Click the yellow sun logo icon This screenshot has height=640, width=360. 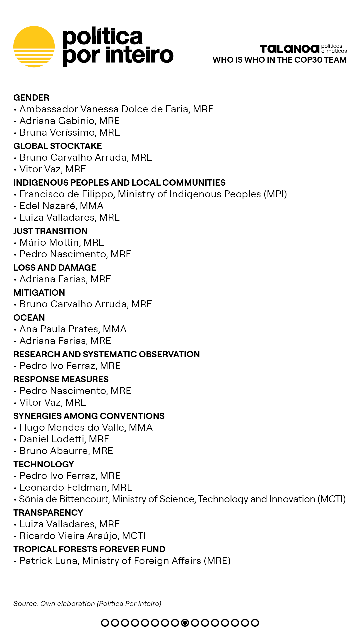coord(34,47)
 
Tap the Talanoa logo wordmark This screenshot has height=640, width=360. coord(289,49)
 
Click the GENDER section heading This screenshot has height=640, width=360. coord(31,98)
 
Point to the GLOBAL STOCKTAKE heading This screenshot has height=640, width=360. coord(58,146)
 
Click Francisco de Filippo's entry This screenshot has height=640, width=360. coord(153,194)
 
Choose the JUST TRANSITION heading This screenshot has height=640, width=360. coord(50,231)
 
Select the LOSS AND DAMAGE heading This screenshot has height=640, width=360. coord(55,268)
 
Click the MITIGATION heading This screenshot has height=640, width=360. coord(39,293)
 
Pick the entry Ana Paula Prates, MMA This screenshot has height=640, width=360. coord(73,329)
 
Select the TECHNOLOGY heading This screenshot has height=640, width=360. coord(44,464)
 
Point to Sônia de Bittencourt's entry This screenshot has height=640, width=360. coord(182,499)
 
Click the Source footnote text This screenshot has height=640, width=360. coord(87,604)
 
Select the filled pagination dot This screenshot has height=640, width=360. coord(185,623)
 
